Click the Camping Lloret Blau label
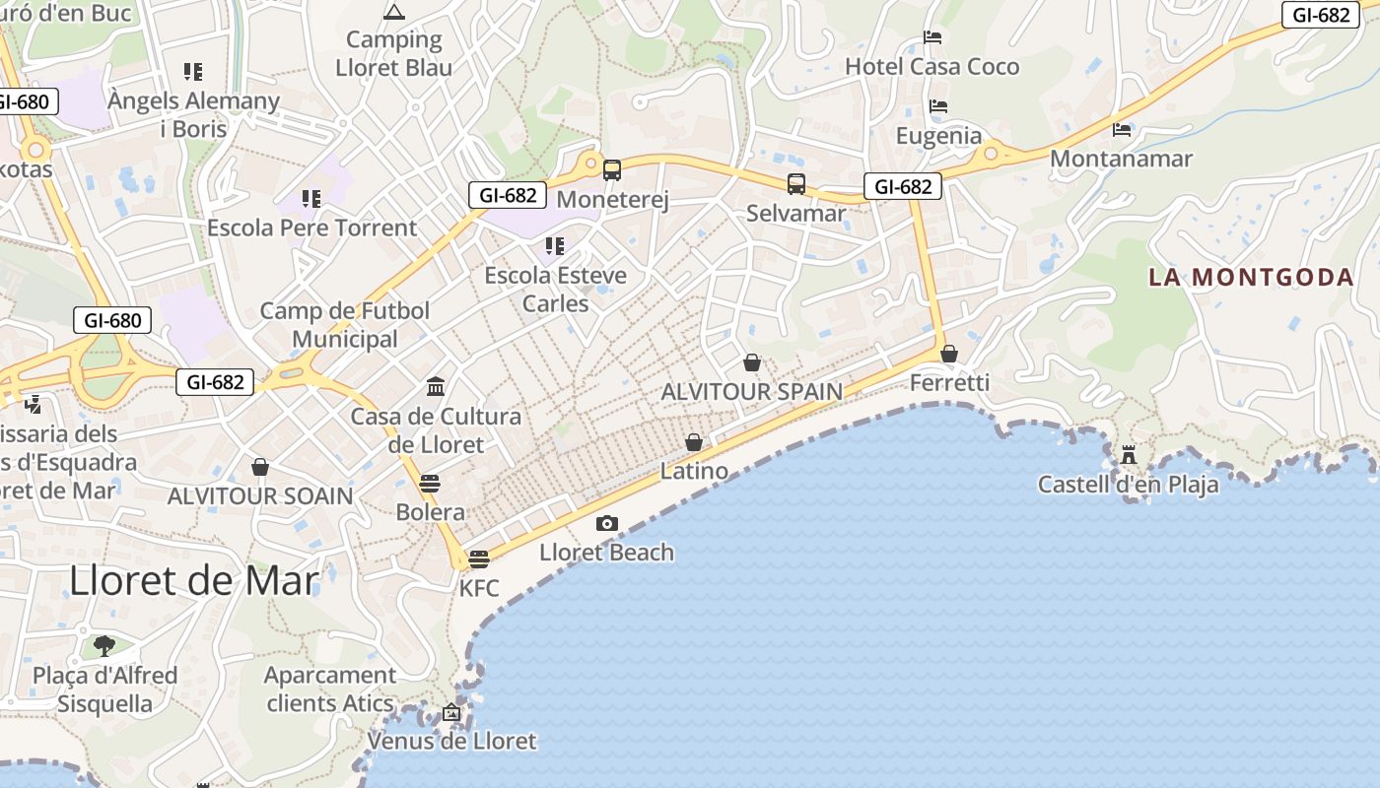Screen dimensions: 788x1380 pyautogui.click(x=394, y=53)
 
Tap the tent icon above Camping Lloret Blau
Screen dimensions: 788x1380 pyautogui.click(x=394, y=13)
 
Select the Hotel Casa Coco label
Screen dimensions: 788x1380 pyautogui.click(x=932, y=67)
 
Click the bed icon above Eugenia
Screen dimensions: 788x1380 pyautogui.click(x=938, y=106)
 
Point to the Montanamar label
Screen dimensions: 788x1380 pyautogui.click(x=1122, y=159)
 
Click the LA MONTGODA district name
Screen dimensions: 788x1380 pyautogui.click(x=1251, y=277)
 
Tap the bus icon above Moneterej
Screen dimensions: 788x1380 pyautogui.click(x=612, y=170)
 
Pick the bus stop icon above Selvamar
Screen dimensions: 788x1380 pyautogui.click(x=795, y=184)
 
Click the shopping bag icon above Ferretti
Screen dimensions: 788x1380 pyautogui.click(x=949, y=354)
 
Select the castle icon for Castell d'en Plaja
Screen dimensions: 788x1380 pyautogui.click(x=1129, y=455)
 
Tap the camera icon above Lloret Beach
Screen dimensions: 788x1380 pyautogui.click(x=607, y=524)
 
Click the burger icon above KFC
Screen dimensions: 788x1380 pyautogui.click(x=479, y=559)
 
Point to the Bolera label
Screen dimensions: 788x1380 pyautogui.click(x=430, y=512)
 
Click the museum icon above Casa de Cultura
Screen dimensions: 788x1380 pyautogui.click(x=436, y=386)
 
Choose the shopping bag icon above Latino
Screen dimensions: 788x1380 pyautogui.click(x=694, y=442)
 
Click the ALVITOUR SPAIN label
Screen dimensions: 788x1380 pyautogui.click(x=752, y=391)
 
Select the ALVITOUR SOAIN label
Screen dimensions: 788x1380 pyautogui.click(x=260, y=495)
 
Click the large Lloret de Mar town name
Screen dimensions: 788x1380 pyautogui.click(x=194, y=581)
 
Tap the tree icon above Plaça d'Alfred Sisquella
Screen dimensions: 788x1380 pyautogui.click(x=104, y=646)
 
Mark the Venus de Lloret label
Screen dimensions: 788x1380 pyautogui.click(x=451, y=741)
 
